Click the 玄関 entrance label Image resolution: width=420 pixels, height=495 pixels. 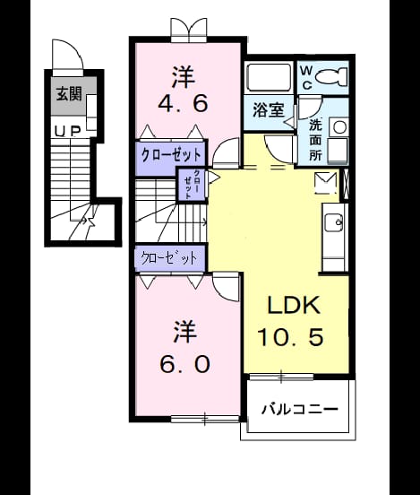pyautogui.click(x=69, y=94)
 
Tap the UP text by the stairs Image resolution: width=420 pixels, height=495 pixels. pyautogui.click(x=68, y=132)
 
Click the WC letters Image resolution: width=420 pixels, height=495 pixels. pyautogui.click(x=306, y=77)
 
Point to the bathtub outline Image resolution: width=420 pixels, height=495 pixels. pyautogui.click(x=269, y=77)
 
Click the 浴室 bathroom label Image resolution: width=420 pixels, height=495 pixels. pyautogui.click(x=269, y=110)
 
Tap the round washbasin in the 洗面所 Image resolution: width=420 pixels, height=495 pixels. pyautogui.click(x=340, y=127)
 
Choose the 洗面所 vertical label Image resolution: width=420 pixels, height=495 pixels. pyautogui.click(x=315, y=140)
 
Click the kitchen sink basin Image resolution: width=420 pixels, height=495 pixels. pyautogui.click(x=334, y=223)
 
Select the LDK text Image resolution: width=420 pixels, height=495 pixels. pyautogui.click(x=294, y=305)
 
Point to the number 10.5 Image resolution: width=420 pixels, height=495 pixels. pyautogui.click(x=291, y=337)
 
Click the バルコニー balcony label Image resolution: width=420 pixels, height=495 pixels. pyautogui.click(x=300, y=410)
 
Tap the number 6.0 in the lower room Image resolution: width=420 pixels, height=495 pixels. pyautogui.click(x=184, y=364)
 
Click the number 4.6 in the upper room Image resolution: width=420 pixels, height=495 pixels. pyautogui.click(x=183, y=103)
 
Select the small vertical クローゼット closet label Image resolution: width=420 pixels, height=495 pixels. pyautogui.click(x=192, y=185)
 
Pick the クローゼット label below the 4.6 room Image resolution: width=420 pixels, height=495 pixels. pyautogui.click(x=171, y=155)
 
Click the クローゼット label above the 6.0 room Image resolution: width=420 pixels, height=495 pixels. pyautogui.click(x=169, y=258)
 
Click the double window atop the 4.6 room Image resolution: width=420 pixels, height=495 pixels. pyautogui.click(x=189, y=30)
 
